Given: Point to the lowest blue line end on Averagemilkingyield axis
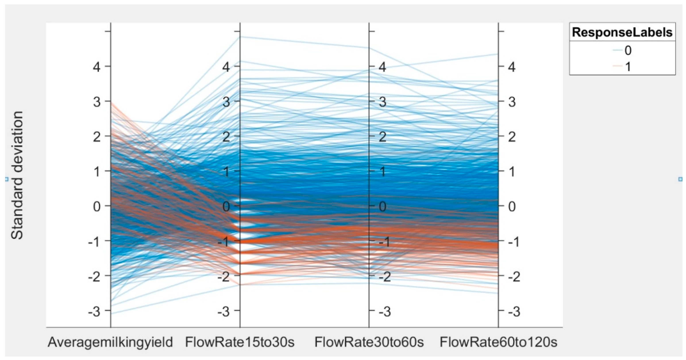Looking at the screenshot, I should click(111, 314).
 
